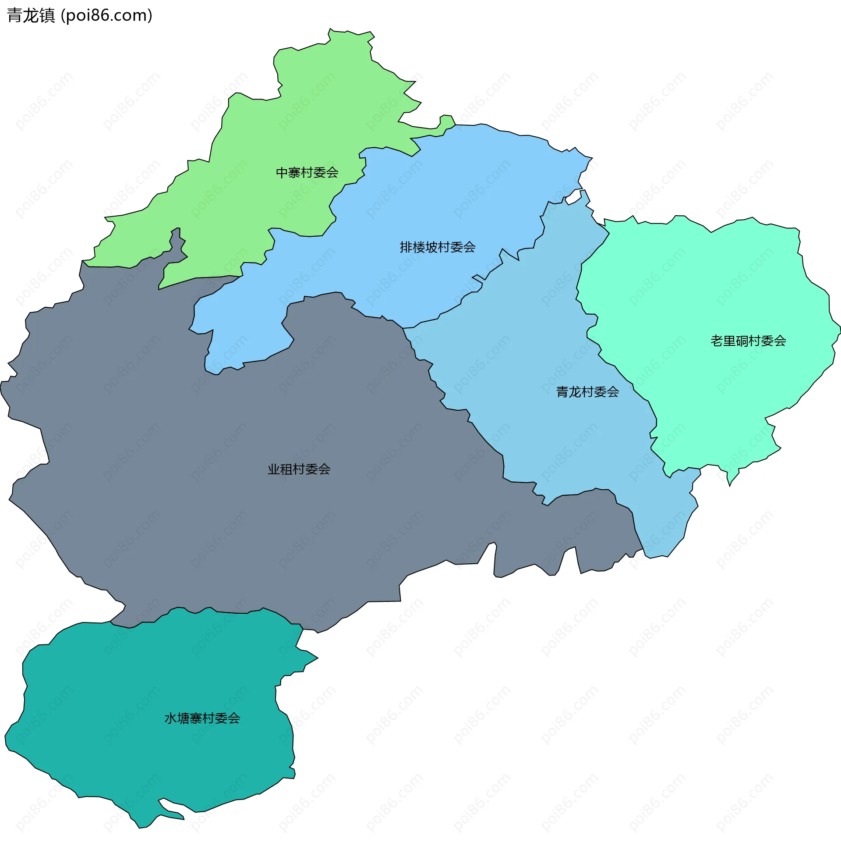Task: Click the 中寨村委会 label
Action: click(x=307, y=172)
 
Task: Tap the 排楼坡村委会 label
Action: click(x=437, y=247)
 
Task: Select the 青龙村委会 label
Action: click(x=587, y=391)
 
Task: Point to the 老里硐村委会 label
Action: click(x=748, y=341)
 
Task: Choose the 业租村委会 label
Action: click(x=299, y=469)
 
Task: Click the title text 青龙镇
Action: click(x=31, y=15)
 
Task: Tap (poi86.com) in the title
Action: click(x=106, y=15)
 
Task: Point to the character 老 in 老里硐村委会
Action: click(x=717, y=341)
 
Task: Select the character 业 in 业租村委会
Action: click(x=274, y=469)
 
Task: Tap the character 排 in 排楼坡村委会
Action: click(x=406, y=247)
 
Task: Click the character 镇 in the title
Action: click(x=47, y=15)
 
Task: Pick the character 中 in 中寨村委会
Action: click(x=282, y=172)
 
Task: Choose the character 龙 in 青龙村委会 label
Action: click(x=575, y=391)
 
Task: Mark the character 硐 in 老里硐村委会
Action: click(x=742, y=341)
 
